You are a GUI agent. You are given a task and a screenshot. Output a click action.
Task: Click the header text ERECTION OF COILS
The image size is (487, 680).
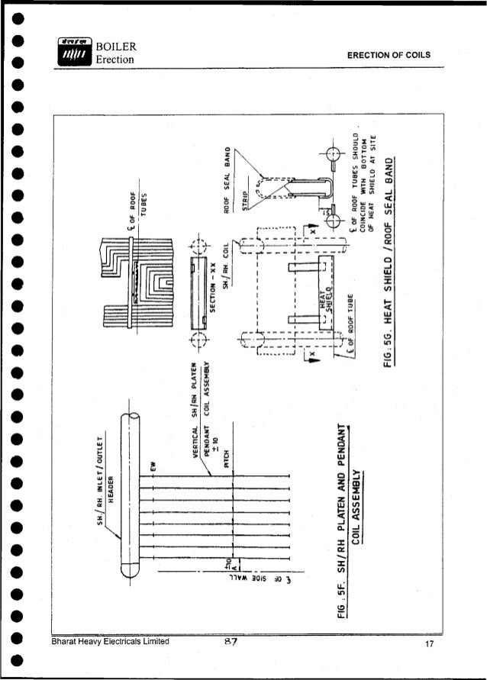click(x=389, y=56)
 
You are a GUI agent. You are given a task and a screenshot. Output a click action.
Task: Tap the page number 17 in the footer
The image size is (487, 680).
click(x=429, y=645)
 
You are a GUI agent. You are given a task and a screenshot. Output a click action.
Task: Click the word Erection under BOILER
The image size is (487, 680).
click(x=114, y=60)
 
